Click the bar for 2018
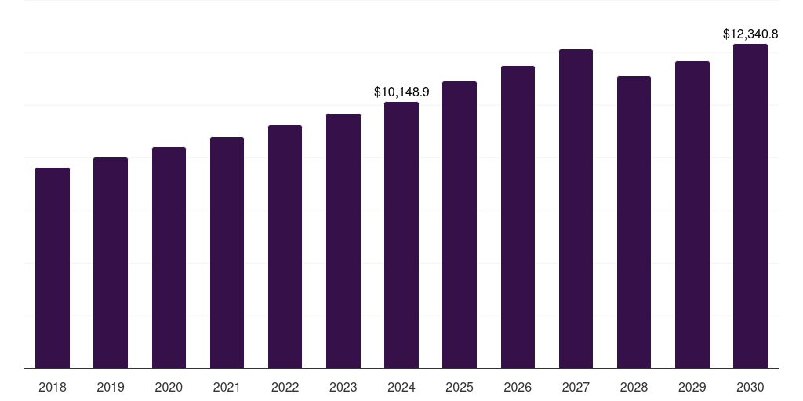point(53,268)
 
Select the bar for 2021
point(227,253)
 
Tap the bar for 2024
point(401,235)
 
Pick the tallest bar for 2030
point(750,206)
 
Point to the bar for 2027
point(576,208)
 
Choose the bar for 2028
point(634,222)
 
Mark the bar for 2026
point(518,217)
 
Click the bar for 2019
point(111,263)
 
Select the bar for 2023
point(343,241)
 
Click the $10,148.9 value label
point(401,92)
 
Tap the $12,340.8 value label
point(750,34)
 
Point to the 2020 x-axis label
point(169,388)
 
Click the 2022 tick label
point(285,388)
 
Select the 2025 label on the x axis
point(460,388)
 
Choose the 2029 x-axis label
point(692,388)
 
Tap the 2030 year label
point(750,388)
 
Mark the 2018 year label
point(53,388)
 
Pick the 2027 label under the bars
point(576,388)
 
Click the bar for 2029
point(692,215)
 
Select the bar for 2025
point(460,225)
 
